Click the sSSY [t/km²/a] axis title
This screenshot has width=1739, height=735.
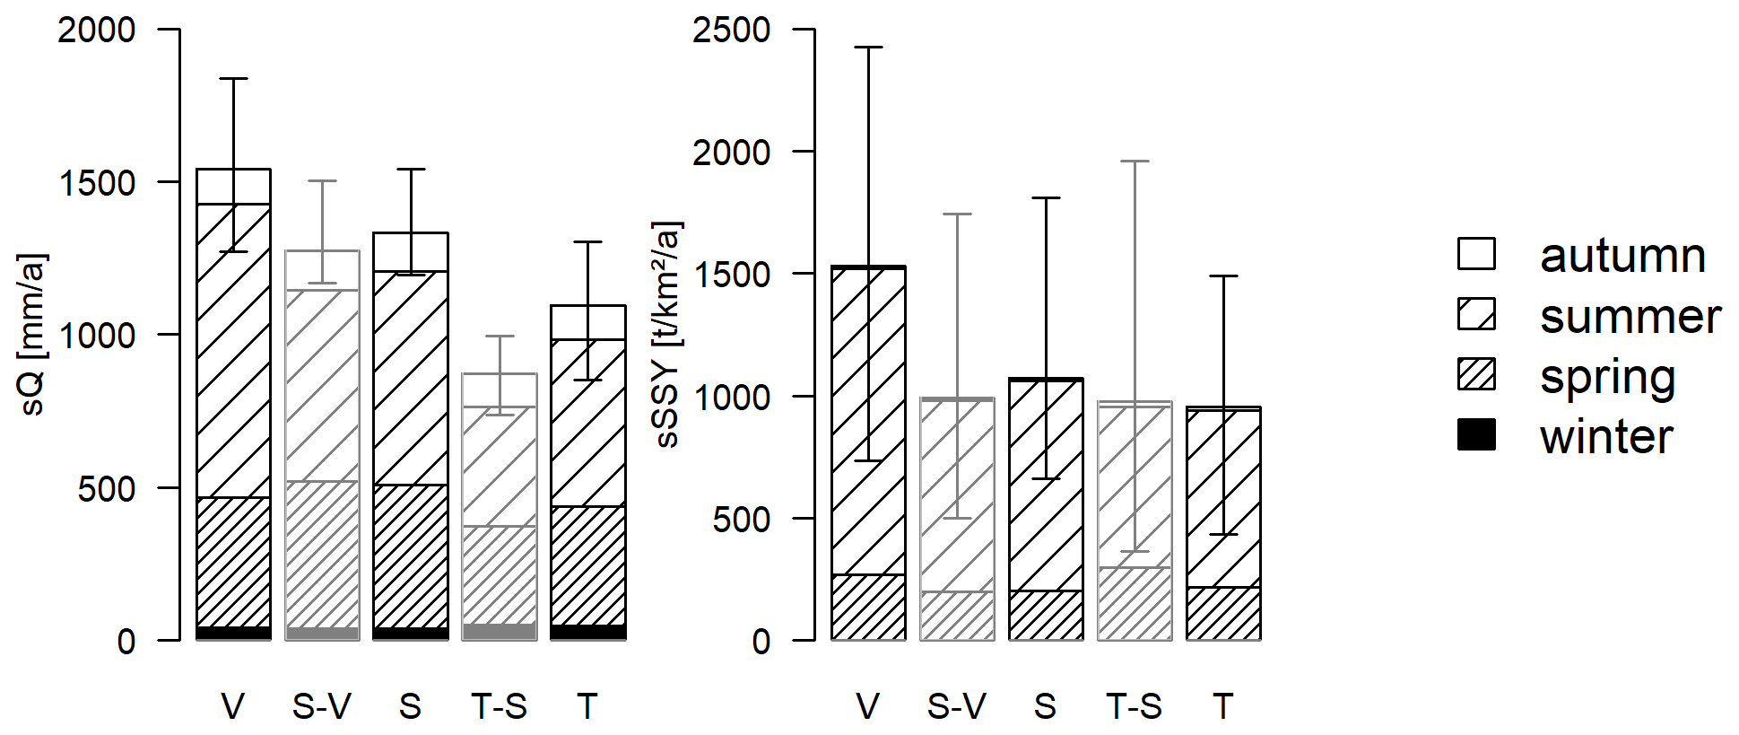668,334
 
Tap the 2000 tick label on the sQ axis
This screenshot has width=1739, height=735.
97,30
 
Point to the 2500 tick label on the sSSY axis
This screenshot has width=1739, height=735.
731,30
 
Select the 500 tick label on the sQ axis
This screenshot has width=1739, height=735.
107,489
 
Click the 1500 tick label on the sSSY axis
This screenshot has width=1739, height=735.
731,275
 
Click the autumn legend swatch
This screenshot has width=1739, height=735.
1475,254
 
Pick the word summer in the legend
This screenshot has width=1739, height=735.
1630,316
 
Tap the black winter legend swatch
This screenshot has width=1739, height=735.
1475,435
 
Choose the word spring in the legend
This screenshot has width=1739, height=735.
1607,377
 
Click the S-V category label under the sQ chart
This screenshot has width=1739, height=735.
321,706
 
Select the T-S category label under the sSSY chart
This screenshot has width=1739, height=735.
1134,706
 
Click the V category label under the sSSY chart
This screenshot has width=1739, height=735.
867,706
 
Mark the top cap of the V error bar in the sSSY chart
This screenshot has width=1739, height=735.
868,47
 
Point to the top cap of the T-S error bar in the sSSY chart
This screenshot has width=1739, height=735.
1135,162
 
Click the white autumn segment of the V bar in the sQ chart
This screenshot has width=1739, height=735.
215,187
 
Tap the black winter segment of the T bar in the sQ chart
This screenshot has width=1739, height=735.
587,632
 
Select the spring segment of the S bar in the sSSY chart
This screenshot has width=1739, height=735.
1046,616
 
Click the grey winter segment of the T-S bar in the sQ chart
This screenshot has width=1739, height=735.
500,631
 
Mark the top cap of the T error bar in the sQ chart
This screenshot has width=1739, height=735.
587,241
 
